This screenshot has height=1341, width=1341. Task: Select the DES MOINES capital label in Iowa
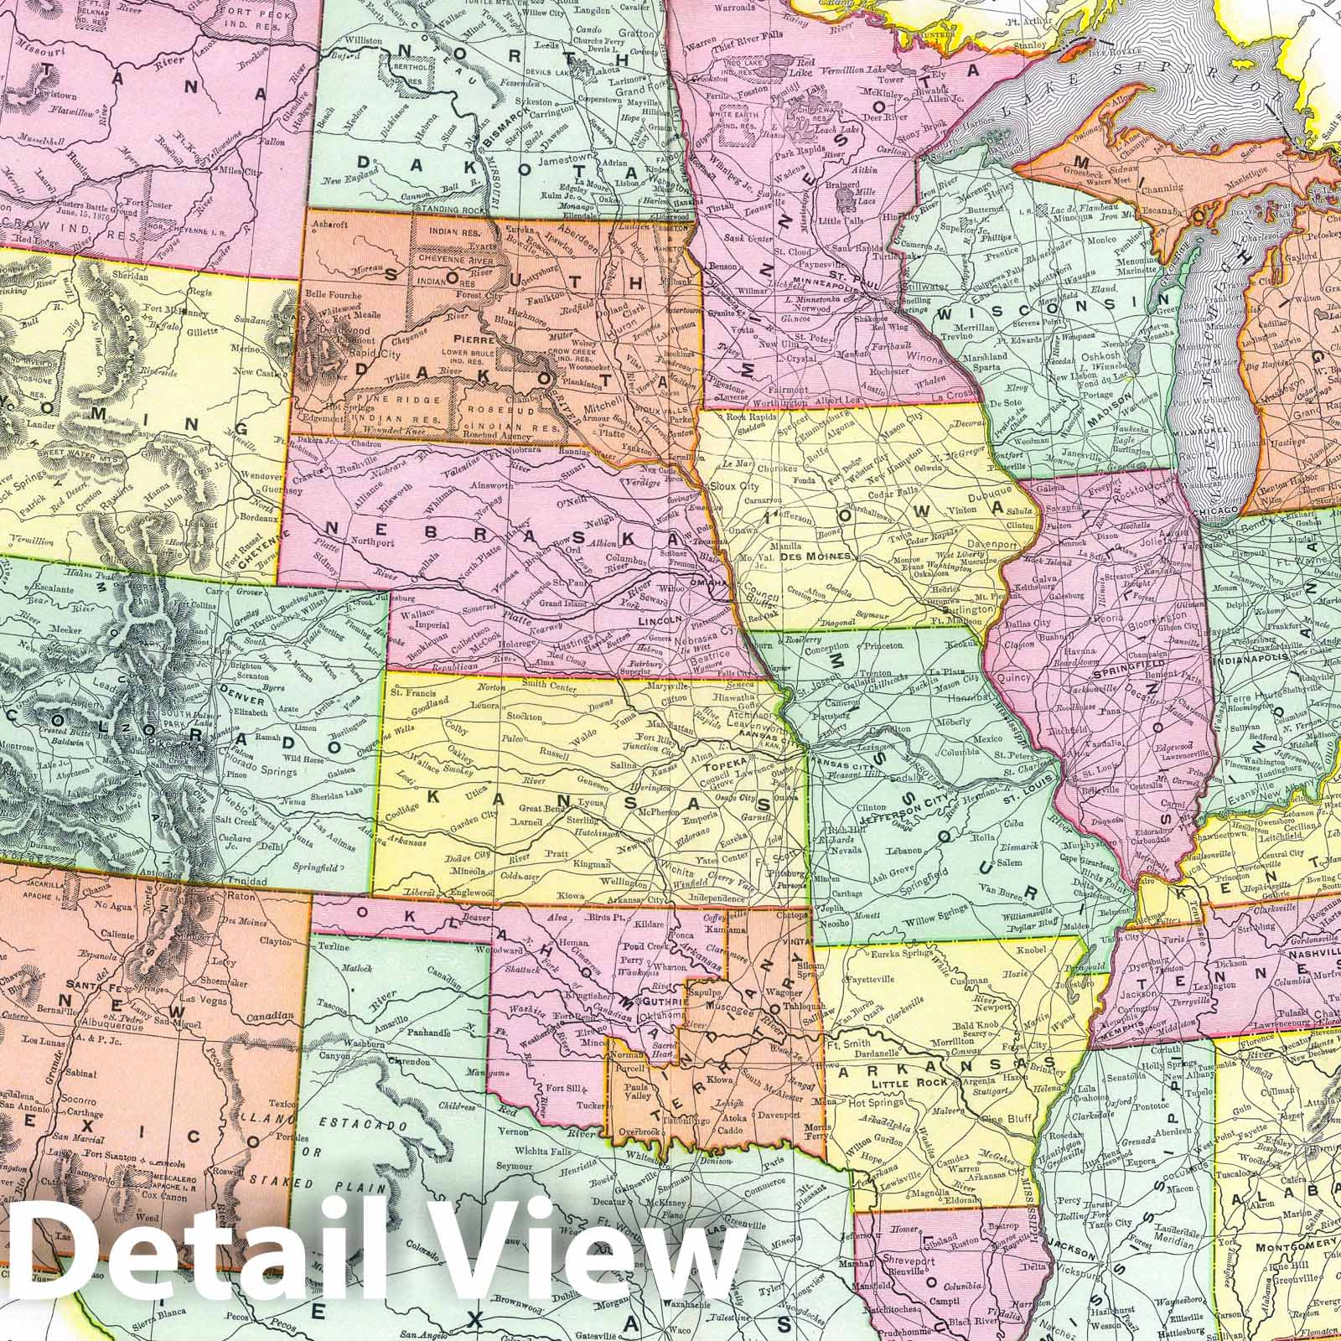coord(804,556)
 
